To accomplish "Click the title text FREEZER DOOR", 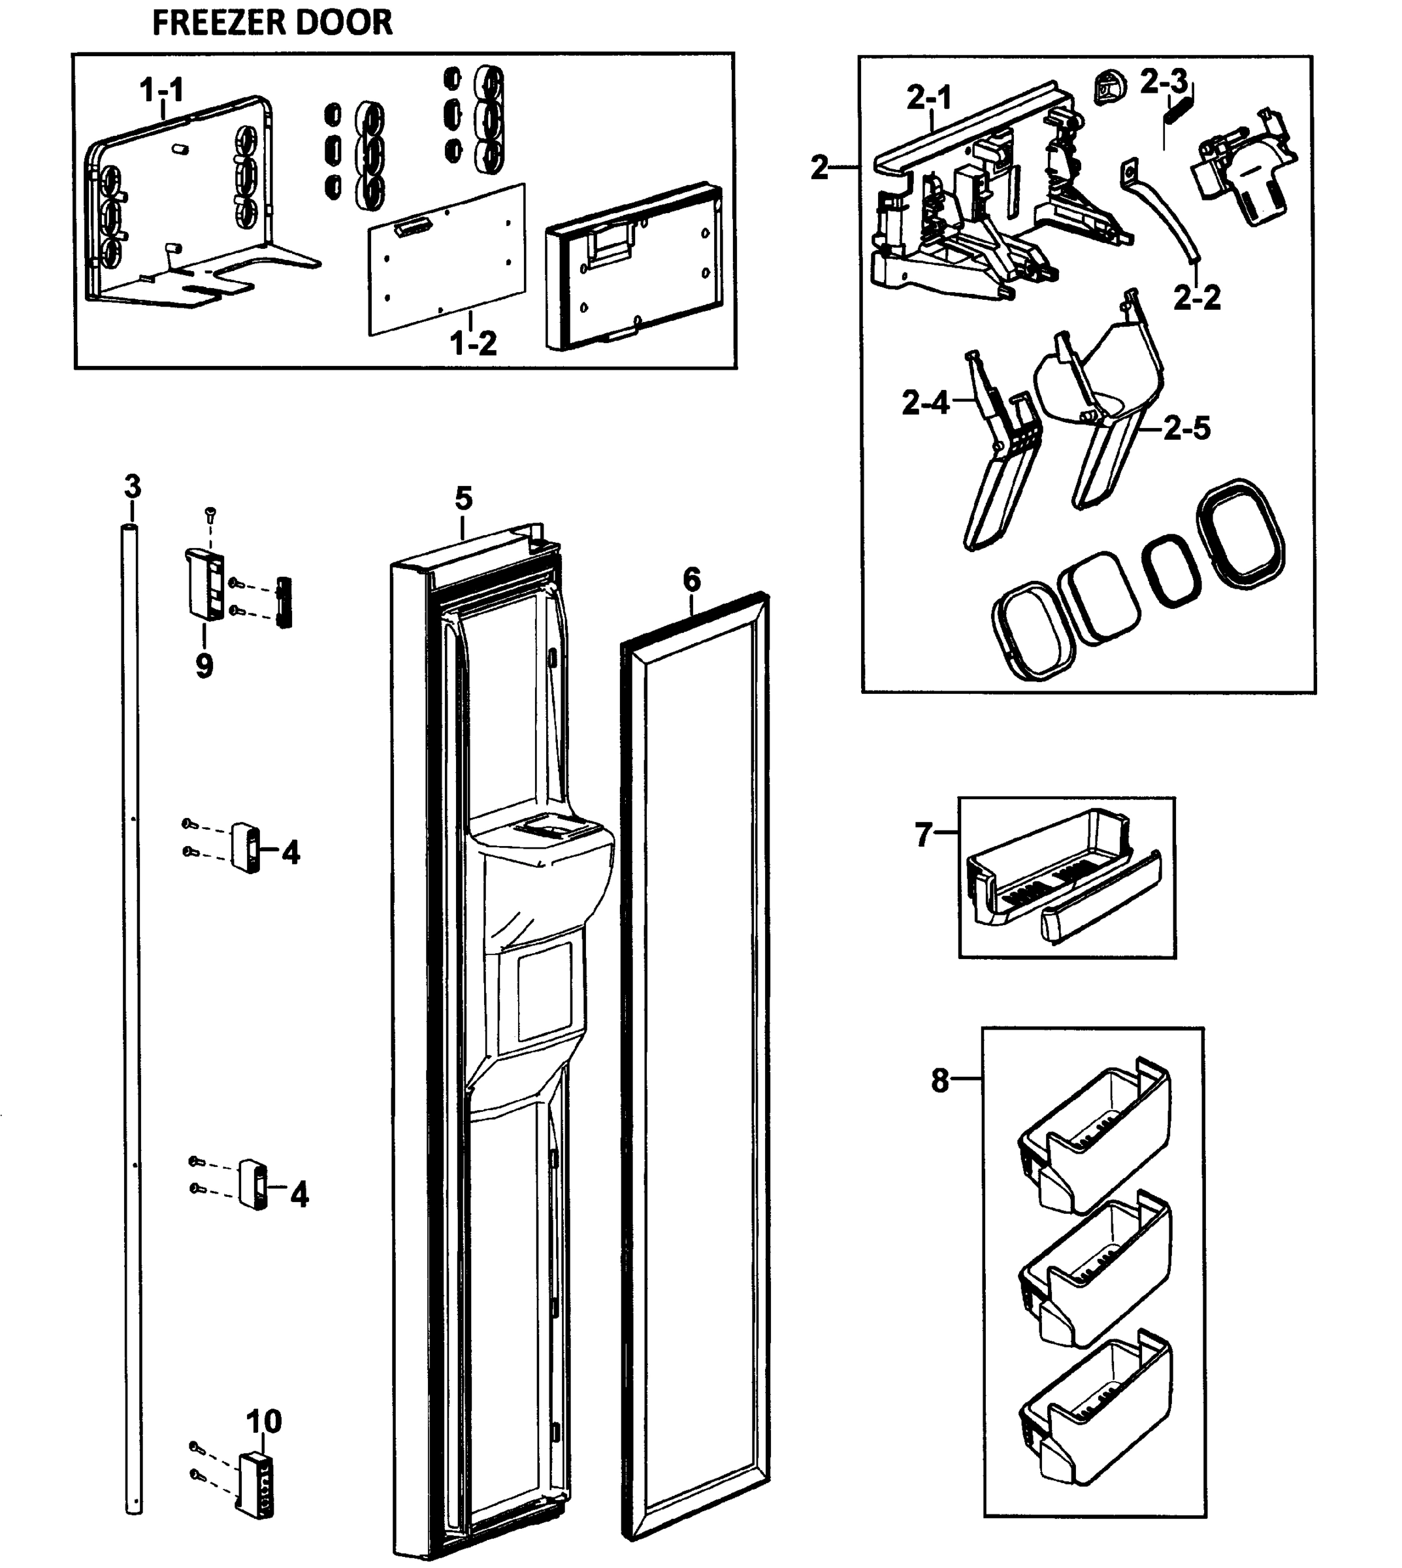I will (272, 22).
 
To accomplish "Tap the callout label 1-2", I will (473, 343).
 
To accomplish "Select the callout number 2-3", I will (1164, 82).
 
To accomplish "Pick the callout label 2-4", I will (925, 402).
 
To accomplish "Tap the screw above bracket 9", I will (210, 512).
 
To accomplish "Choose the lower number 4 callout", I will (299, 1194).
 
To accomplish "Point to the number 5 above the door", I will (463, 498).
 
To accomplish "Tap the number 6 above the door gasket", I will (691, 580).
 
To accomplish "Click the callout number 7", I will (924, 834).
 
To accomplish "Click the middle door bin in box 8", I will (1094, 1271).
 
